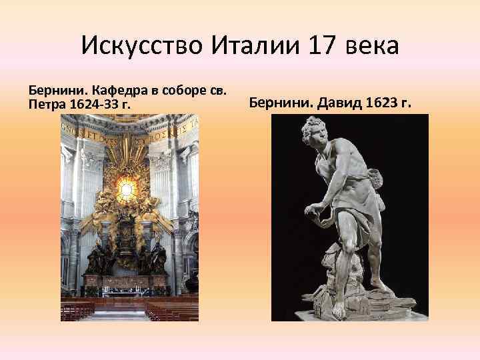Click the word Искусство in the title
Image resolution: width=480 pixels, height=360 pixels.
click(142, 46)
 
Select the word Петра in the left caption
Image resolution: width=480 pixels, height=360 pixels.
click(42, 104)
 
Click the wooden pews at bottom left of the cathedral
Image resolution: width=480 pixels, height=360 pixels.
click(78, 309)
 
